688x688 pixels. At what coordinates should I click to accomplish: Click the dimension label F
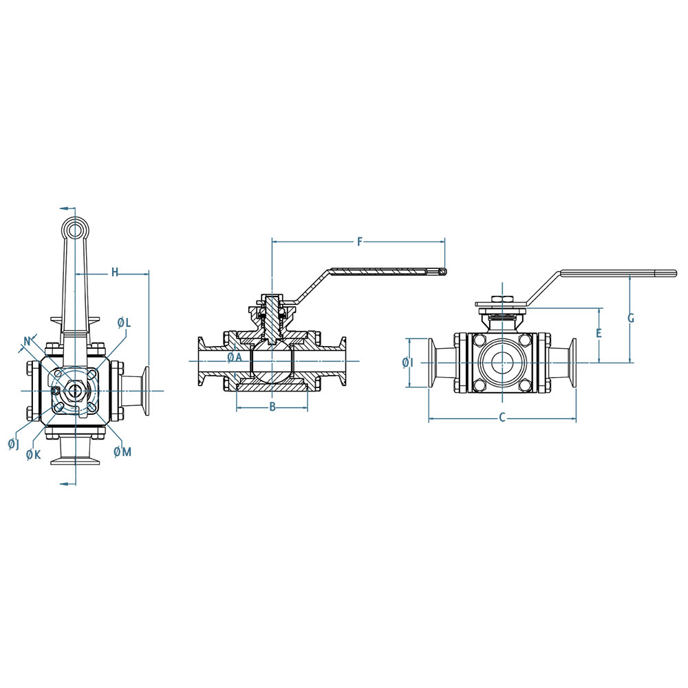click(x=360, y=241)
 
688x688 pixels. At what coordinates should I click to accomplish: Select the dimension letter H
click(x=114, y=272)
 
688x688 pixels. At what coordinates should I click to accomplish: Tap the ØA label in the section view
click(x=235, y=357)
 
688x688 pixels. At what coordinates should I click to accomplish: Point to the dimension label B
click(x=272, y=407)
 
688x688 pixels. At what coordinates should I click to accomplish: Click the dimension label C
click(x=503, y=418)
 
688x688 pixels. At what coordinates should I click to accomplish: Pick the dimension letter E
click(x=599, y=333)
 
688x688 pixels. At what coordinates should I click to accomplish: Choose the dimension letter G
click(x=630, y=318)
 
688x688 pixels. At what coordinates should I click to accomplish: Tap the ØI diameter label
click(x=408, y=363)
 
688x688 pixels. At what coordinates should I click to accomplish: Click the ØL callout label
click(x=124, y=323)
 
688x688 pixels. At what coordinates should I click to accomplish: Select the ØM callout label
click(x=122, y=451)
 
